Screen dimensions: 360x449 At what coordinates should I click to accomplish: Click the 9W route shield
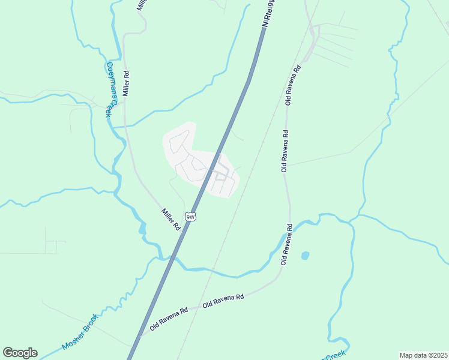(191, 217)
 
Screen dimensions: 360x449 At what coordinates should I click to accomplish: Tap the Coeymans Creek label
(109, 89)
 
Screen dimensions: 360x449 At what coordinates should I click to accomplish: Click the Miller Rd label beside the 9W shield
(170, 220)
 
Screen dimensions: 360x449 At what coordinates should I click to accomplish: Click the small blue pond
(305, 256)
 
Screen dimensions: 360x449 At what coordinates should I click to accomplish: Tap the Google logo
(20, 353)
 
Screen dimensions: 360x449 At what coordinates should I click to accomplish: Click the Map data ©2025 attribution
(423, 355)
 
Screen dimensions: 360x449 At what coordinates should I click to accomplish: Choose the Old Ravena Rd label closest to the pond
(287, 245)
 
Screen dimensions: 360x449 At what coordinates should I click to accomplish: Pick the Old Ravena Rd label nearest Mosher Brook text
(169, 319)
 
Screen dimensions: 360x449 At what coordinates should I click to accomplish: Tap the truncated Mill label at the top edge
(142, 5)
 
